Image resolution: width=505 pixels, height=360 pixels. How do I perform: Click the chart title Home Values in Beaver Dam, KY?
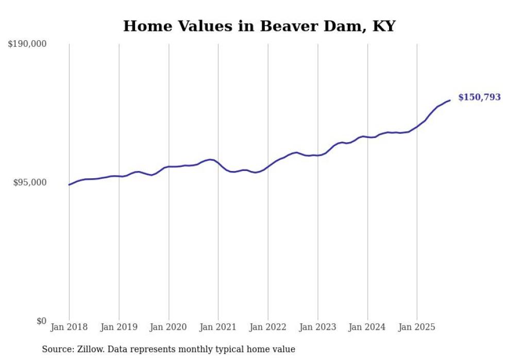tap(259, 26)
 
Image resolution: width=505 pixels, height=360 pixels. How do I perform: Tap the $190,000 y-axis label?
tap(27, 44)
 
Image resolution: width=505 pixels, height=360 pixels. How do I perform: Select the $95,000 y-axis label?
tap(29, 183)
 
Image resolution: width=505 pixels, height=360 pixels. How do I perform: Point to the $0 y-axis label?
tap(41, 321)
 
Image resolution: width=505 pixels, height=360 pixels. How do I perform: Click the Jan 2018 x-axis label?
tap(69, 327)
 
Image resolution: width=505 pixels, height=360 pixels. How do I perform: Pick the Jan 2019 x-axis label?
tap(119, 327)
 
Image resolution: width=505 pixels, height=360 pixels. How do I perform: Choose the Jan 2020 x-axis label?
tap(169, 327)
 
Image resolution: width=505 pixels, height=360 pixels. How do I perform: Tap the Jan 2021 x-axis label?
tap(218, 327)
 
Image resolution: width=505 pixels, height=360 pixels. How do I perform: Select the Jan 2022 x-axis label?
tap(268, 327)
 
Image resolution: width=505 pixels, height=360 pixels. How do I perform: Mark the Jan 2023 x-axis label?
tap(318, 327)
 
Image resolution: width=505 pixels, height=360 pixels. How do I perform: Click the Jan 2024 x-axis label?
tap(367, 327)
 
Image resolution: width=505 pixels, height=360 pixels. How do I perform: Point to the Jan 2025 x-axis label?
tap(417, 327)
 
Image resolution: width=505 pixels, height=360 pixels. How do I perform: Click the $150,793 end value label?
tap(479, 97)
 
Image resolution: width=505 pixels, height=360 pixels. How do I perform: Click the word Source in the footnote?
tap(56, 349)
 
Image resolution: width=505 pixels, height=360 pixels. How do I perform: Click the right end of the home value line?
tap(450, 100)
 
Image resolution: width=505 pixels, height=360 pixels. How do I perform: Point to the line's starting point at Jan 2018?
tap(70, 184)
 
